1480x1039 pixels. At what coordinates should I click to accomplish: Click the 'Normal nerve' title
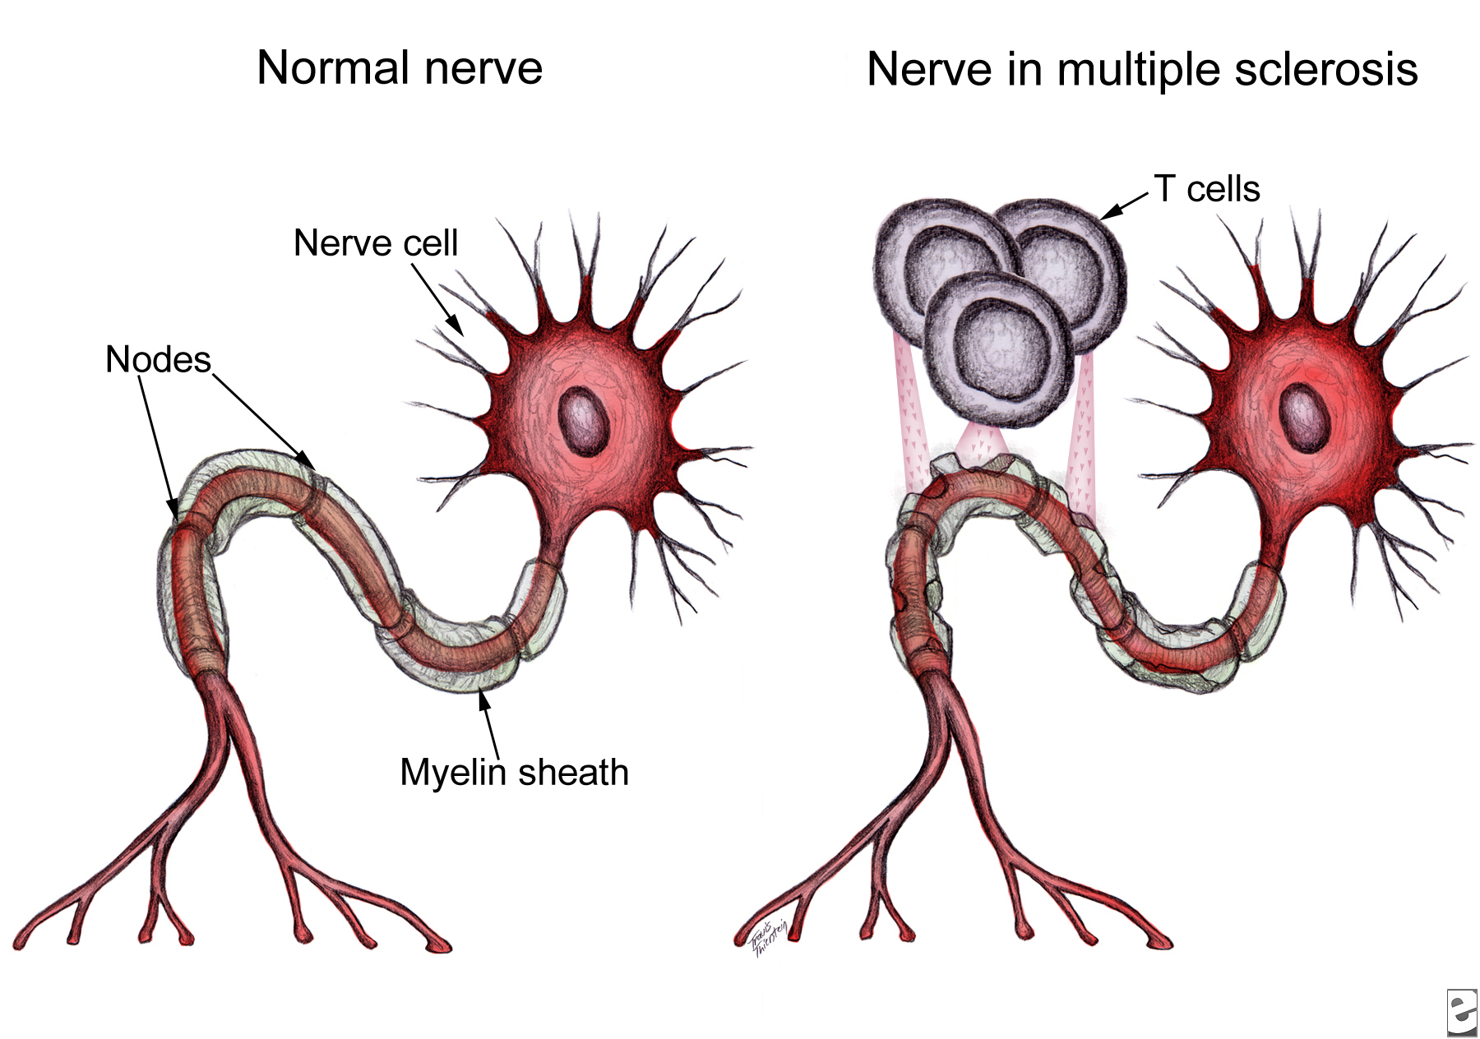click(x=400, y=67)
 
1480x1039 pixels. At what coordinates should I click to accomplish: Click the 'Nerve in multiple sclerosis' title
click(x=1142, y=69)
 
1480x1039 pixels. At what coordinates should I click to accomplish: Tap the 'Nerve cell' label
click(x=376, y=243)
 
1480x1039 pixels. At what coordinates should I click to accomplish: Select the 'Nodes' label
click(x=158, y=360)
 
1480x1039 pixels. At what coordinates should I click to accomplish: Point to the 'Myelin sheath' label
click(x=514, y=773)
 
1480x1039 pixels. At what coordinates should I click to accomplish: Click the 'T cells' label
click(x=1207, y=189)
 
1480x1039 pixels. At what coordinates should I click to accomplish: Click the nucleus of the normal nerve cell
click(x=585, y=422)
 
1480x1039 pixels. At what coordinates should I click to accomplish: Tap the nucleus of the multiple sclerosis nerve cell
click(x=1305, y=419)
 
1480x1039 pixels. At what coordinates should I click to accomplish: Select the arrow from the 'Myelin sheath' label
click(x=490, y=723)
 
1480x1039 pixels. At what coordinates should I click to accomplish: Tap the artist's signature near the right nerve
click(x=770, y=937)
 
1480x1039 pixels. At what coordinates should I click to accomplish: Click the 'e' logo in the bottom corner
click(x=1461, y=1012)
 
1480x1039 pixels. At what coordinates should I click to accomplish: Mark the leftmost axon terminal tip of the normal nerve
click(x=21, y=943)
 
